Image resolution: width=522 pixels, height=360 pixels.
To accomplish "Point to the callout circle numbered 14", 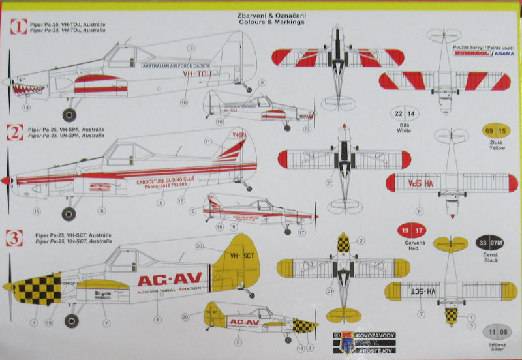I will (26, 107).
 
